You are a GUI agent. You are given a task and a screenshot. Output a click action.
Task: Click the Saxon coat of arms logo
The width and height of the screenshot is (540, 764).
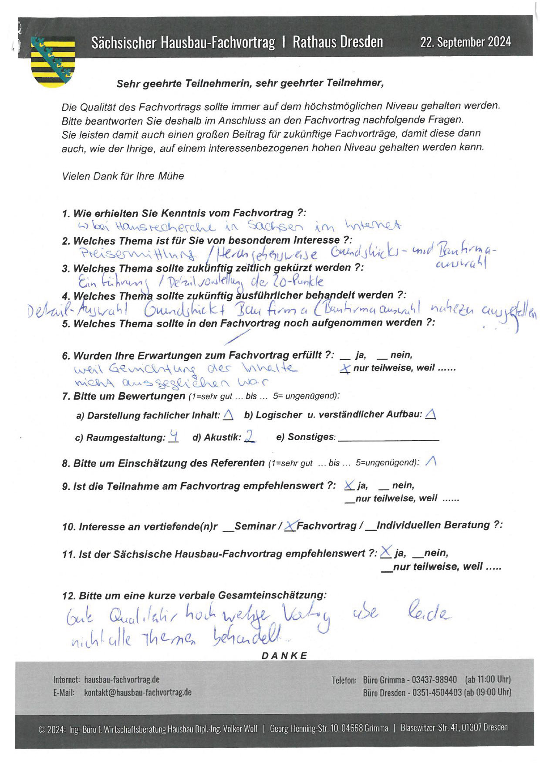tap(53, 61)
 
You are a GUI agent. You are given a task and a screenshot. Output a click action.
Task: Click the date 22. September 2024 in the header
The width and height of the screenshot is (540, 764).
tap(465, 42)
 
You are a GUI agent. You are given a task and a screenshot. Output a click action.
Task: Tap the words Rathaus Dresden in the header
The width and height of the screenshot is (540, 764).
tap(338, 42)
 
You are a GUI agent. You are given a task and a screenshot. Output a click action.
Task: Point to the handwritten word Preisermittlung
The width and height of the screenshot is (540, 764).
tap(138, 255)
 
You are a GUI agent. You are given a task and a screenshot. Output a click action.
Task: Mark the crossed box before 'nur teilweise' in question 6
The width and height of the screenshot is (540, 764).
tap(345, 369)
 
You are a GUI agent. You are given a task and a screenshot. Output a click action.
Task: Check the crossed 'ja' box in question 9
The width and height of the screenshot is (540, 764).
tap(349, 486)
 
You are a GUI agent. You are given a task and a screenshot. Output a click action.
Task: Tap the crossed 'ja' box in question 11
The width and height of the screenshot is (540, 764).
tap(385, 553)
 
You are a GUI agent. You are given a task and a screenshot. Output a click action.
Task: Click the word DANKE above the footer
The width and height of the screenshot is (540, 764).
tap(285, 655)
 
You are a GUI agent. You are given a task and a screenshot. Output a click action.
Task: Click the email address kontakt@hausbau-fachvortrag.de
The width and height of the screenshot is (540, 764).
tap(138, 692)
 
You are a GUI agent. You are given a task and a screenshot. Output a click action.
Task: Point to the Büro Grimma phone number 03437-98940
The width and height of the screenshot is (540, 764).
tap(434, 679)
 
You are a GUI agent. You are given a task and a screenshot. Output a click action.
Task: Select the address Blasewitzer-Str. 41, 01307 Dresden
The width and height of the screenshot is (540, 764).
tap(454, 727)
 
